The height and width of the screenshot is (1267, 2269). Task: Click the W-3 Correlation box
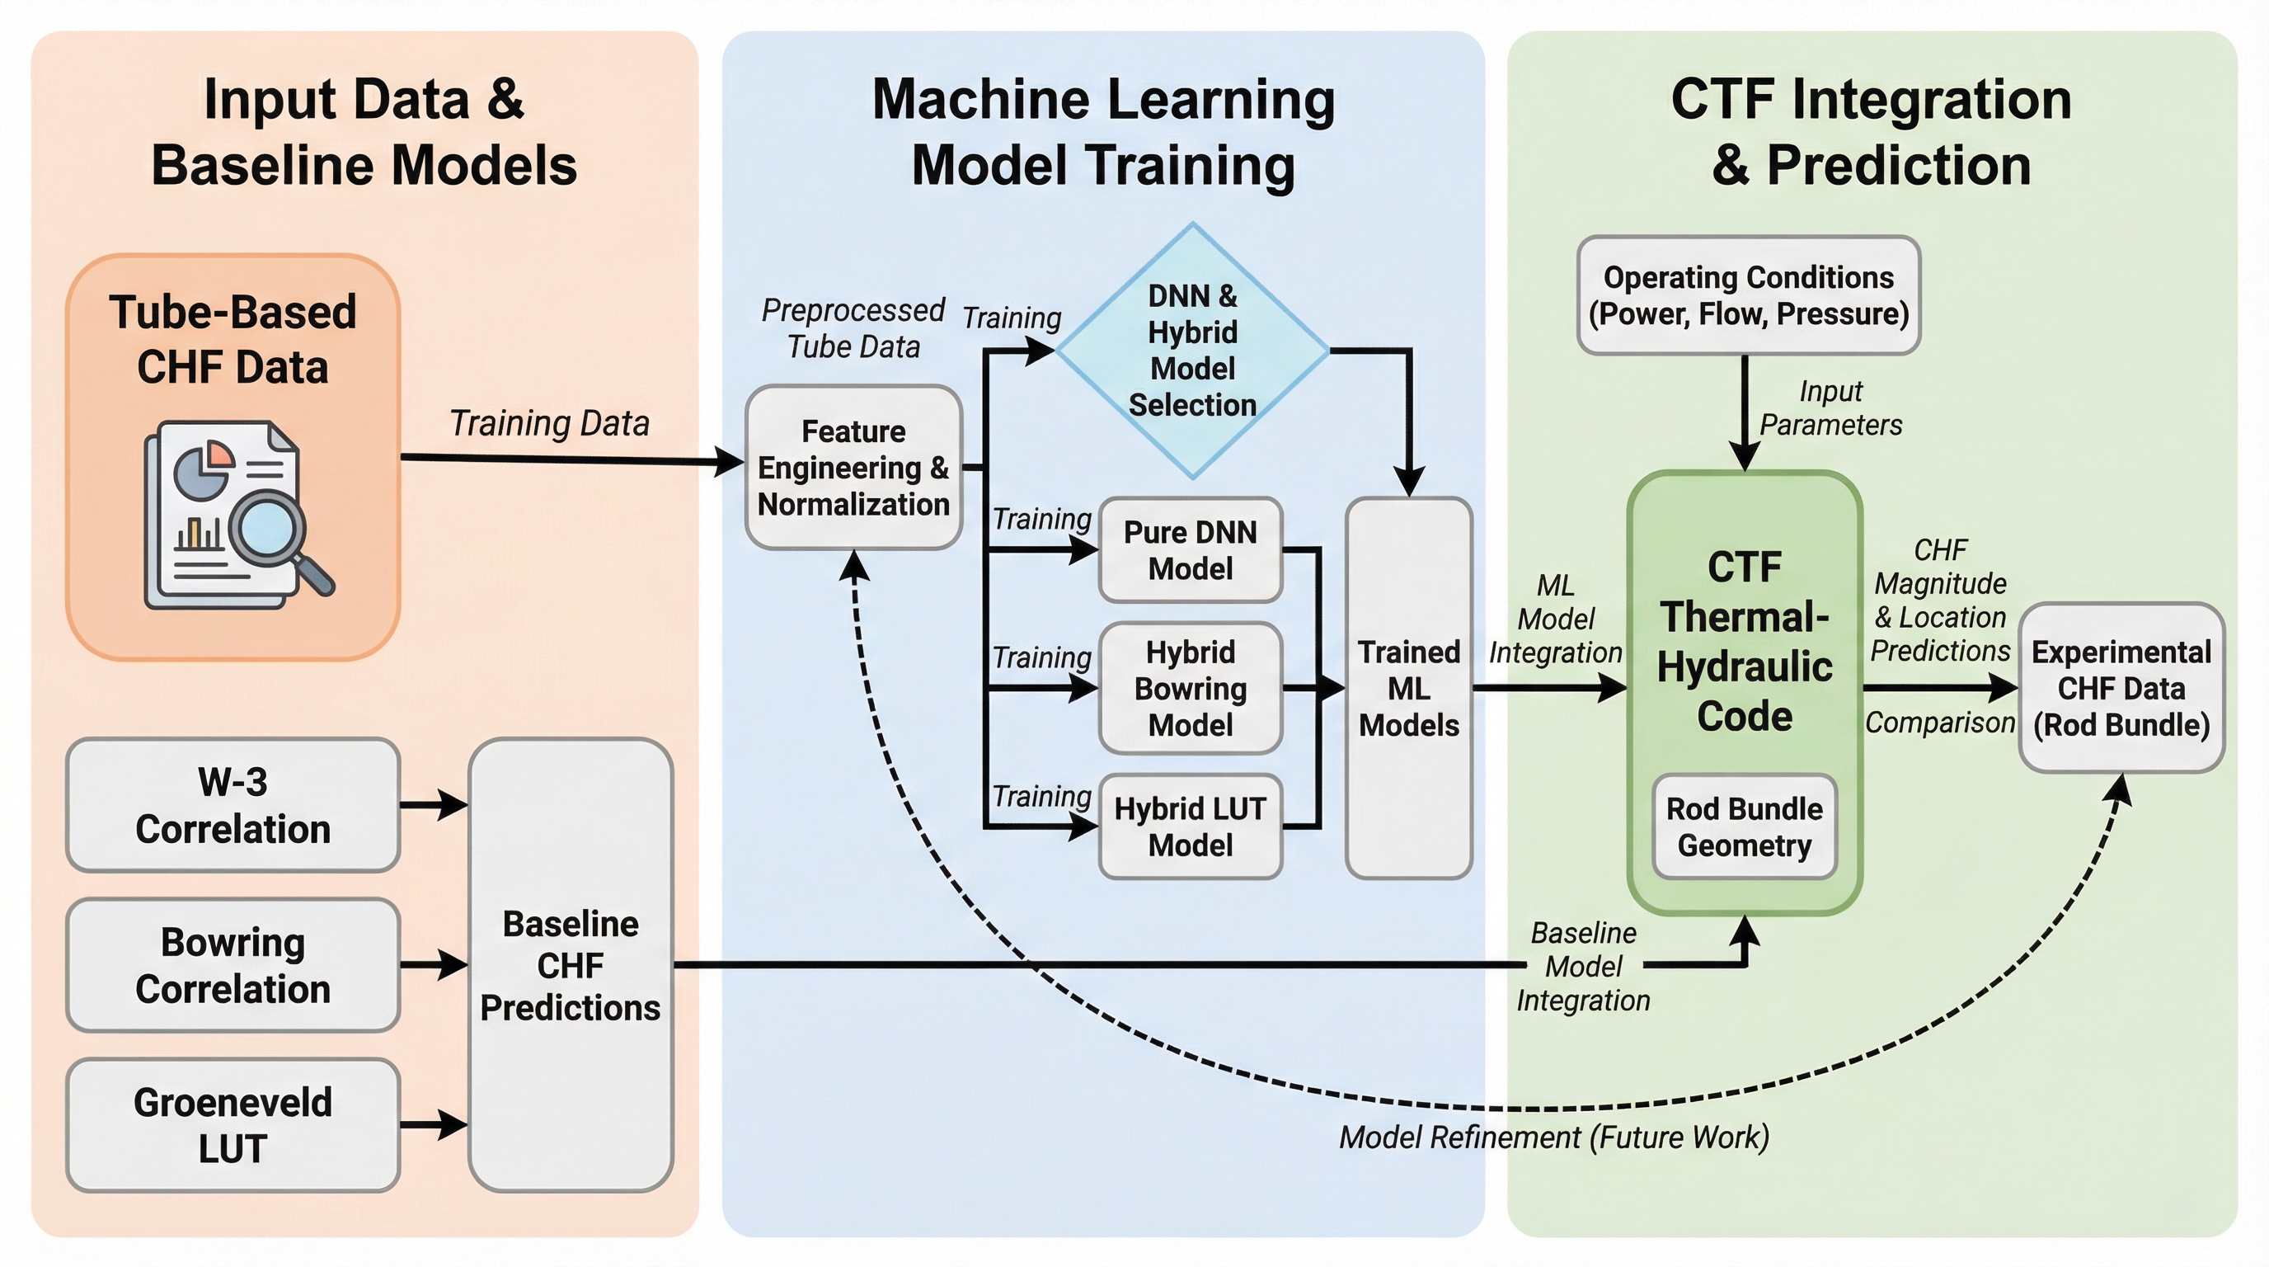(x=233, y=804)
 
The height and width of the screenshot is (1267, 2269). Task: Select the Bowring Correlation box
(x=233, y=965)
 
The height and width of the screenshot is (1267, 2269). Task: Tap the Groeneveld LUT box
(x=233, y=1125)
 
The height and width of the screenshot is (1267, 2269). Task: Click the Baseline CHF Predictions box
(x=571, y=965)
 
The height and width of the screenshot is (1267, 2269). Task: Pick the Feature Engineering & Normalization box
(x=853, y=467)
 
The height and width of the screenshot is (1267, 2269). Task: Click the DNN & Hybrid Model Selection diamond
(x=1193, y=350)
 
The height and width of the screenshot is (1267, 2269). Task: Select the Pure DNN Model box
(x=1190, y=550)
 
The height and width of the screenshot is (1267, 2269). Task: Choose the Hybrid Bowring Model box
(x=1190, y=688)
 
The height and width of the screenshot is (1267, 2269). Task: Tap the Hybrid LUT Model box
(x=1190, y=827)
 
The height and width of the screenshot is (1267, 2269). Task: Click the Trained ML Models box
(x=1408, y=688)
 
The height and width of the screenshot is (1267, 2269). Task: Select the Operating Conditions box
(x=1749, y=295)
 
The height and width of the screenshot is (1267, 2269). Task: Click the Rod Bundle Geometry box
(x=1744, y=827)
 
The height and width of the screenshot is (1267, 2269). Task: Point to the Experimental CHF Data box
(x=2121, y=688)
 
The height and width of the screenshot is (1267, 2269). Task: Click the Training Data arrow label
(x=550, y=423)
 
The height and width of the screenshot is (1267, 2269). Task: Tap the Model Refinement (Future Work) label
(x=1554, y=1137)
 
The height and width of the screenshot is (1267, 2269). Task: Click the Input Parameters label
(x=1830, y=408)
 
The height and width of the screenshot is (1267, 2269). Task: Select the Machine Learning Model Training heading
(x=1103, y=132)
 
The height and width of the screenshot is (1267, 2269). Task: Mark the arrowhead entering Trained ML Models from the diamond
(x=1409, y=483)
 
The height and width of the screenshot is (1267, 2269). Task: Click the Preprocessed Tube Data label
(x=853, y=327)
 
